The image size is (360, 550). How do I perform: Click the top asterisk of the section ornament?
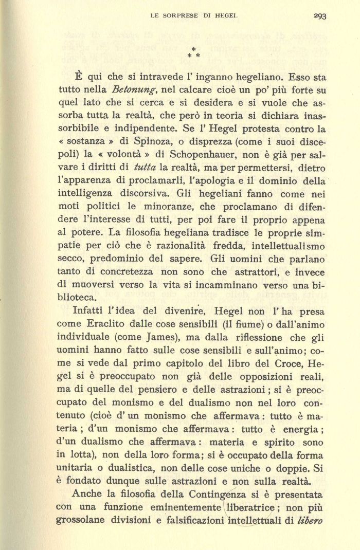(193, 48)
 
